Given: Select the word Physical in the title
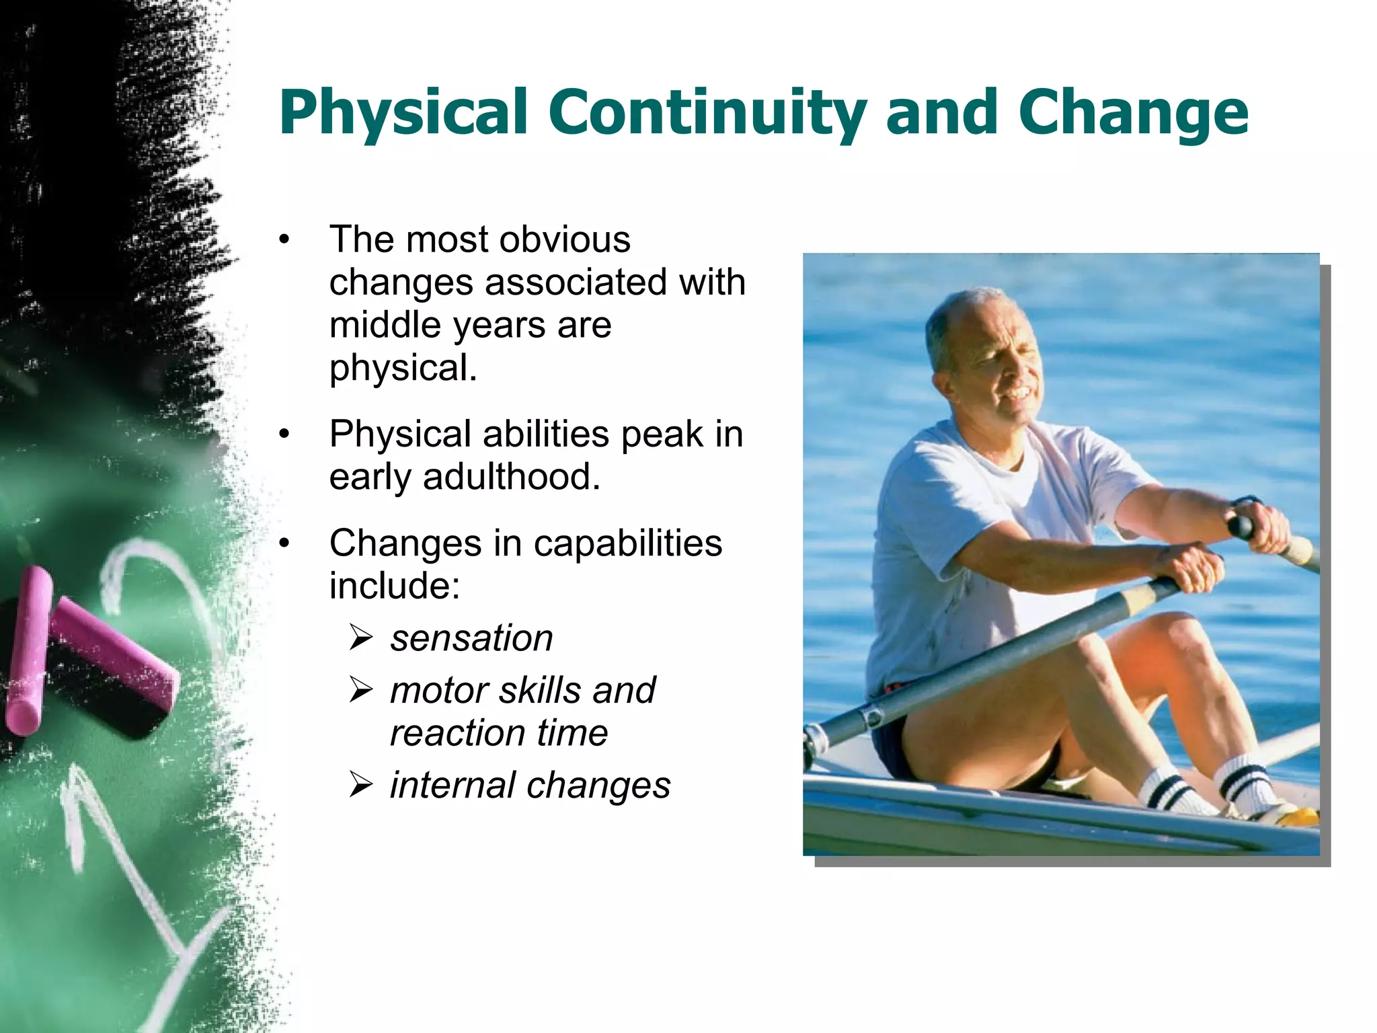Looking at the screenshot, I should [x=403, y=113].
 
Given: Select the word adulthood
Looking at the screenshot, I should [x=511, y=477].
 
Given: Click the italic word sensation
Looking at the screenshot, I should [x=471, y=638].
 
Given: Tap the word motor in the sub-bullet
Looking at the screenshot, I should [x=438, y=691].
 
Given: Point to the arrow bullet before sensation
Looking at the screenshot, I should [x=361, y=638].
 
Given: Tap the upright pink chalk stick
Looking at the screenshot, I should [x=28, y=649].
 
